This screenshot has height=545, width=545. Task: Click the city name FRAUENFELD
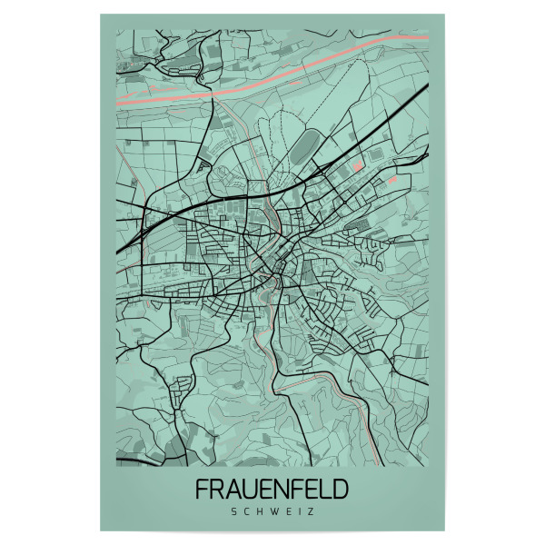pos(272,490)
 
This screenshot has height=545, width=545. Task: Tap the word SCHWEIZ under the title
pos(272,513)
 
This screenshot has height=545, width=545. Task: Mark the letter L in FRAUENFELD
pos(322,490)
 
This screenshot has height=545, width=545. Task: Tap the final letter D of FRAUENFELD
pos(339,490)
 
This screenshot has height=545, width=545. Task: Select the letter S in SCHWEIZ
pos(236,513)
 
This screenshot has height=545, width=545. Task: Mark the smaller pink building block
pos(392,181)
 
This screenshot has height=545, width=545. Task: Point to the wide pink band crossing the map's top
pos(272,74)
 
